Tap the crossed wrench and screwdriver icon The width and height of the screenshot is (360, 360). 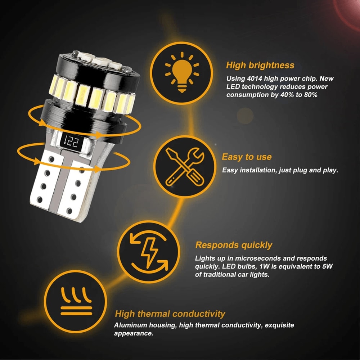pyautogui.click(x=184, y=166)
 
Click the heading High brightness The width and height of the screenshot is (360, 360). pyautogui.click(x=260, y=65)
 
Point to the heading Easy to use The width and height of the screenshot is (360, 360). pyautogui.click(x=247, y=157)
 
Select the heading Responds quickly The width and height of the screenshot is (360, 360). pyautogui.click(x=234, y=245)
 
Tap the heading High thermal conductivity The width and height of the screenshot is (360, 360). pyautogui.click(x=170, y=314)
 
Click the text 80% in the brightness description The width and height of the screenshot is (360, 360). pyautogui.click(x=308, y=95)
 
